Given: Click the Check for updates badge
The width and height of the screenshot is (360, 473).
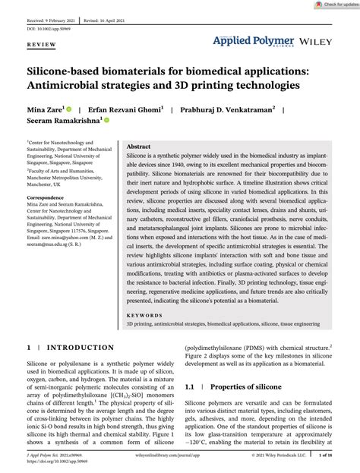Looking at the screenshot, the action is click(333, 5).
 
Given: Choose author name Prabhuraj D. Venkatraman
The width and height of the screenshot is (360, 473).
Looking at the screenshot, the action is click(227, 109).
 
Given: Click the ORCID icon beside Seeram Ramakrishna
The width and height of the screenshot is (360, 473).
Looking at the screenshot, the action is click(107, 121).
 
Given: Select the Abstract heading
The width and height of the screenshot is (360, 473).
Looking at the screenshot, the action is click(138, 146).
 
